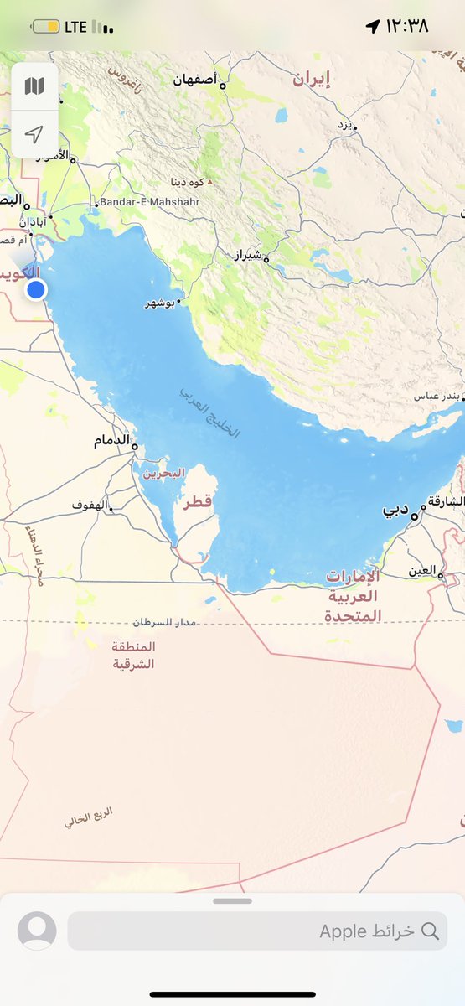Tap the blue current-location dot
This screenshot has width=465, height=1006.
(36, 290)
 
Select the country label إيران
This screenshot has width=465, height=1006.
(311, 80)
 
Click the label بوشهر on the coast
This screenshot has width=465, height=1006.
(161, 303)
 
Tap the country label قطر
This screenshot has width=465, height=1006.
(198, 500)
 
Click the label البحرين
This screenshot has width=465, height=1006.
(163, 474)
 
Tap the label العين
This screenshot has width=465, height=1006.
(422, 571)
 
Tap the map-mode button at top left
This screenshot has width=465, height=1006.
(34, 86)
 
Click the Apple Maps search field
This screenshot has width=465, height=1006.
(257, 931)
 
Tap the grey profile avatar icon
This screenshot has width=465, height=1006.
(37, 931)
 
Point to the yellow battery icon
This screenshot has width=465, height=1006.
(45, 27)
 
